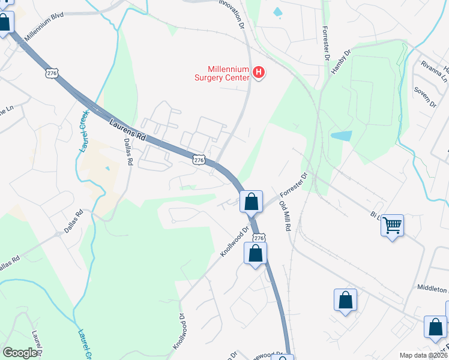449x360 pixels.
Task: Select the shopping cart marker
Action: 393,226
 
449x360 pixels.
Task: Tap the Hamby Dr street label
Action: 340,62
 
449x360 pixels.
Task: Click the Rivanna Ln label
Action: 435,71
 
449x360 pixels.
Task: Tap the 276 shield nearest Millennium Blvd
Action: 52,73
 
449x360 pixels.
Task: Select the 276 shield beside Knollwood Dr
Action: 258,238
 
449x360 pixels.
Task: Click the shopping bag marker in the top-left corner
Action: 5,23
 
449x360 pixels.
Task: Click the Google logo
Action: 20,353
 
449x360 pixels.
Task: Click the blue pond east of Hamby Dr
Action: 341,136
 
